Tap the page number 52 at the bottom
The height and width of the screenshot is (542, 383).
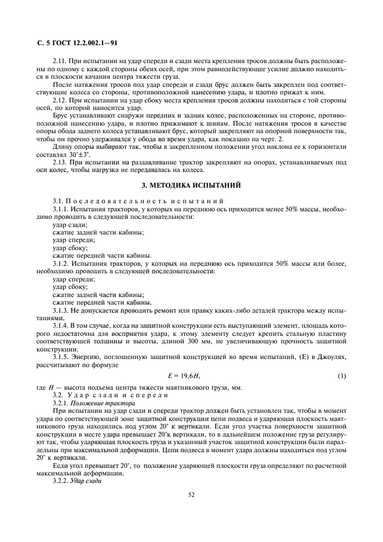point(191,495)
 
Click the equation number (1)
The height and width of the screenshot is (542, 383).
point(341,376)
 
